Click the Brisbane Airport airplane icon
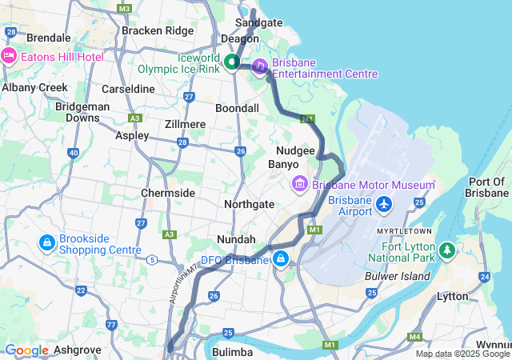pos(385,205)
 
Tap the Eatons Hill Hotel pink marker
pos(10,56)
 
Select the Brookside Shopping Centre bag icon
pos(47,242)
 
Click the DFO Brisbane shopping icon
pos(281,259)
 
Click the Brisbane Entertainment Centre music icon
pos(260,66)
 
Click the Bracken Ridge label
pos(158,30)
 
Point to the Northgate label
pos(249,204)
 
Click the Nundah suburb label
pos(236,239)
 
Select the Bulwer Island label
pos(397,276)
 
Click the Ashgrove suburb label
pos(79,350)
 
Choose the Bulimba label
pos(233,351)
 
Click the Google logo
pos(26,350)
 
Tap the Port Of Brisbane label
pos(486,187)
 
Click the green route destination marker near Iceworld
pos(232,62)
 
